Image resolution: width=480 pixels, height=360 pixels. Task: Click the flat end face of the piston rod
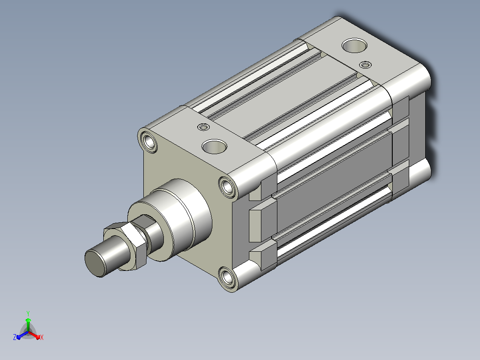[x=95, y=263]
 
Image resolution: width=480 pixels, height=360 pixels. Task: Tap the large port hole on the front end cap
[x=214, y=147]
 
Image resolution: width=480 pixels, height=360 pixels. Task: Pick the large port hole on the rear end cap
[x=354, y=45]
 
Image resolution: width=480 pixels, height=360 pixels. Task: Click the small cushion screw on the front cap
[x=203, y=127]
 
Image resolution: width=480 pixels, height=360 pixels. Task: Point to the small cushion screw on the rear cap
[x=365, y=65]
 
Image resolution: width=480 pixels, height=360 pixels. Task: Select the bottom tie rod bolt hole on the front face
[x=228, y=278]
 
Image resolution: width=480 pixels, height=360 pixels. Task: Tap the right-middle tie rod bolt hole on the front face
[x=228, y=186]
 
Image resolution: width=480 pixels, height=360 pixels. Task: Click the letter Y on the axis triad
[x=28, y=313]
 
